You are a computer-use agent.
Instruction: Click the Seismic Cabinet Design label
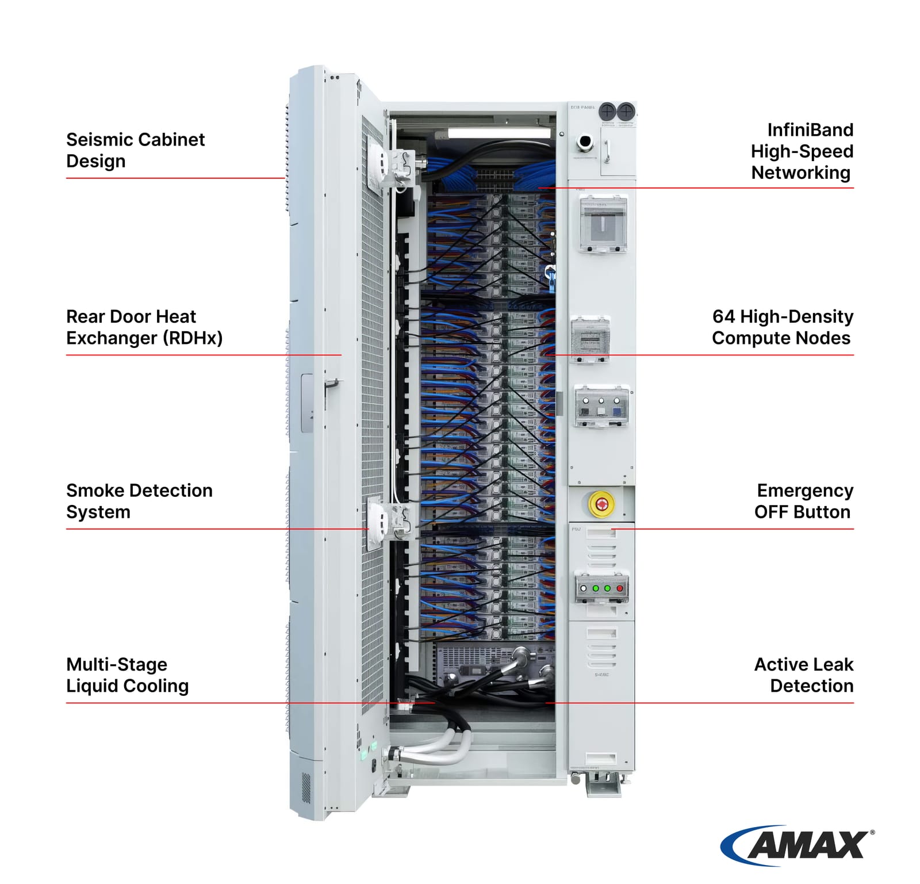135,150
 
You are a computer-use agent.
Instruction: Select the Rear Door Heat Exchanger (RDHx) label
144,327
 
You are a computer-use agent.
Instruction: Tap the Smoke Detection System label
139,501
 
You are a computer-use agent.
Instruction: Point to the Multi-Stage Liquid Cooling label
127,675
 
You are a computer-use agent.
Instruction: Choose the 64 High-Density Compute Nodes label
782,327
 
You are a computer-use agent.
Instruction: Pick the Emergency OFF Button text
803,501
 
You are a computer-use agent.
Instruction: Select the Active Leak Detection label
803,675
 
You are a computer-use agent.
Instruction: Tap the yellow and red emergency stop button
601,504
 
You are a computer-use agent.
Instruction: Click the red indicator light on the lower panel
620,588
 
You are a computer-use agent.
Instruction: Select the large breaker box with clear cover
603,224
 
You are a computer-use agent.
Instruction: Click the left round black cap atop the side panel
607,110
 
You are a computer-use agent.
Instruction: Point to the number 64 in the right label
723,317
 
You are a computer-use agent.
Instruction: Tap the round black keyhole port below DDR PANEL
585,141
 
